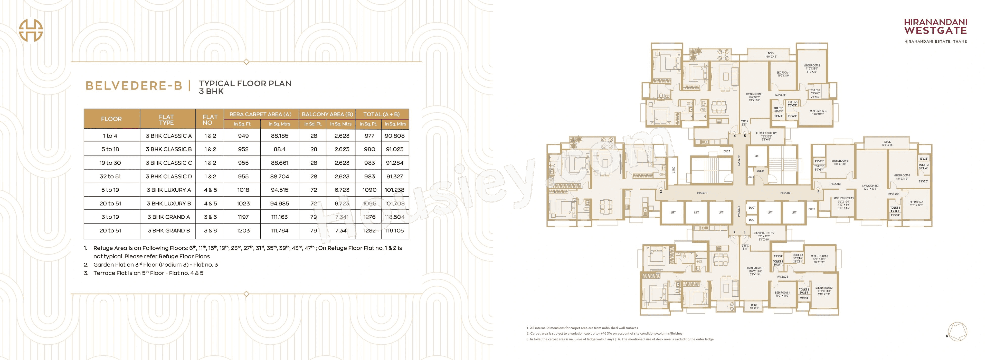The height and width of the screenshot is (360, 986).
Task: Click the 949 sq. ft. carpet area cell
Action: point(243,136)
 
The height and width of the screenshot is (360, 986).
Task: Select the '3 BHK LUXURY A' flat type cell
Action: point(169,190)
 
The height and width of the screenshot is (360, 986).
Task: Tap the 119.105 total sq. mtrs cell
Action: point(395,231)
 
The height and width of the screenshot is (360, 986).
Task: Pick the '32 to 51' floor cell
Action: point(110,176)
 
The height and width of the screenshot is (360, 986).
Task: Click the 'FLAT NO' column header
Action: point(210,119)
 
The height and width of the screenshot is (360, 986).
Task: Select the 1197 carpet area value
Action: point(243,217)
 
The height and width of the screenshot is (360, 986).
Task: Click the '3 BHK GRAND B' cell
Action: point(169,231)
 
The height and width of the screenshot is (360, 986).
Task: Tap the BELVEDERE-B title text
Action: point(134,86)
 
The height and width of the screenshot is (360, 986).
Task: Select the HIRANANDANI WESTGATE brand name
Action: point(935,27)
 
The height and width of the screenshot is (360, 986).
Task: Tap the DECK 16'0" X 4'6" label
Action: point(771,55)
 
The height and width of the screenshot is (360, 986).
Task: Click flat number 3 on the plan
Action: point(661,192)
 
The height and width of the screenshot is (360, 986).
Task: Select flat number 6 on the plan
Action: point(818,192)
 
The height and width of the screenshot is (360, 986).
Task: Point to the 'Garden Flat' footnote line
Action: point(155,265)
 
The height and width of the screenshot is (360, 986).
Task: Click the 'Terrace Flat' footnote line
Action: point(148,273)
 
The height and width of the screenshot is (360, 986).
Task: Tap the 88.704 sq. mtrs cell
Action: point(279,176)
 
